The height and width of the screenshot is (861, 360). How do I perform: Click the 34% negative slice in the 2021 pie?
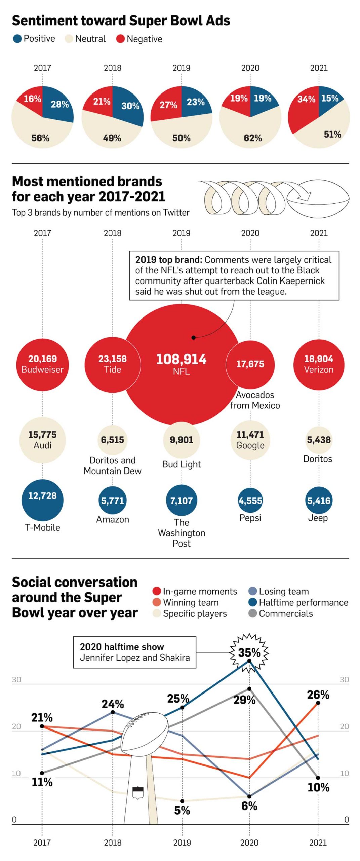pos(304,108)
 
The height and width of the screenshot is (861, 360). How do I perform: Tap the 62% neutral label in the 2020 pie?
pos(252,138)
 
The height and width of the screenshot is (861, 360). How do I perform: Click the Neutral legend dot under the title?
pos(69,39)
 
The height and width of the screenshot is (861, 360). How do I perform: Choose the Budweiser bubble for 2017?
pos(42,364)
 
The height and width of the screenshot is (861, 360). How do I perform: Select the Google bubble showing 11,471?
pos(250,439)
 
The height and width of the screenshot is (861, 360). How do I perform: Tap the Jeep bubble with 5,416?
pos(318,500)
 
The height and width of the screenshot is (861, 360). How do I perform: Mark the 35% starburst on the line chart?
pos(249,653)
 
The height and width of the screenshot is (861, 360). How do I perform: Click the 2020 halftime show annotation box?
pos(134,652)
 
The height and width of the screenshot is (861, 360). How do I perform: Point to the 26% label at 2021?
pos(318,695)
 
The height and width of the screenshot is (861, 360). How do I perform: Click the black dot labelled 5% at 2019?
pos(182,801)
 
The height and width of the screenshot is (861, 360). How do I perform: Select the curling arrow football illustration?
pos(272,198)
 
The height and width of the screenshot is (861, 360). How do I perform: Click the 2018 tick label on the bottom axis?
pos(112,842)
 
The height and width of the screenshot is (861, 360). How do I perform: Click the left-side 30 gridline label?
pos(16,679)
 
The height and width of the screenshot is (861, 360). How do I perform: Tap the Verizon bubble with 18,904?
pos(318,364)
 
